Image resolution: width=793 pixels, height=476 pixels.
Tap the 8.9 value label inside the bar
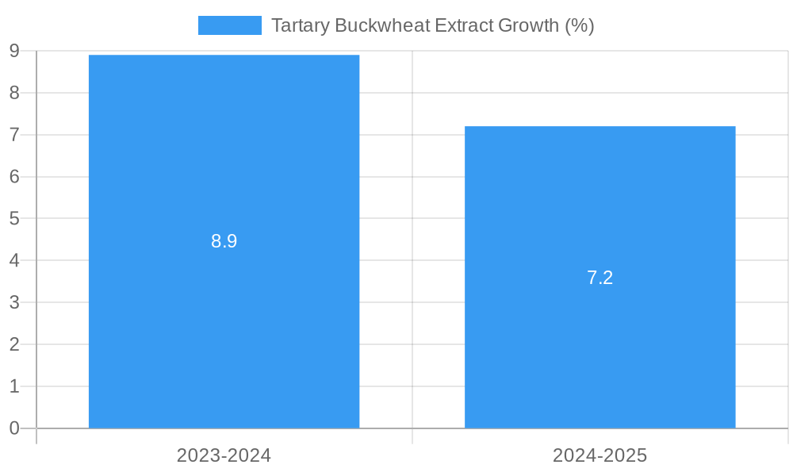(x=224, y=241)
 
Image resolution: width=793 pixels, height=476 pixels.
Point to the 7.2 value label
(x=600, y=278)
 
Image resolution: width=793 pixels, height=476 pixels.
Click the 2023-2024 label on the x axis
(x=224, y=455)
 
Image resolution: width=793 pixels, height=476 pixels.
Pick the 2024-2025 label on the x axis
(x=600, y=455)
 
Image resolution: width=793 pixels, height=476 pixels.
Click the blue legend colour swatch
(x=230, y=25)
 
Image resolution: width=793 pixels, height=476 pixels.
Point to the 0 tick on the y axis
(x=14, y=428)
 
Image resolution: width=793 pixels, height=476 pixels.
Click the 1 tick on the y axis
(x=14, y=386)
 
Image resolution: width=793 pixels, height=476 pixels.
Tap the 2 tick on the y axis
(x=14, y=344)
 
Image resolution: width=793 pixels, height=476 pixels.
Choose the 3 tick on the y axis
(x=14, y=302)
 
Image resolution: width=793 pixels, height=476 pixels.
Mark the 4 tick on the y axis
(x=14, y=260)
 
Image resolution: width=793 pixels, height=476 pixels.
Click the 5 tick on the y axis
(x=14, y=218)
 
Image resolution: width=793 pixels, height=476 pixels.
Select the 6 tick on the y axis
(x=14, y=177)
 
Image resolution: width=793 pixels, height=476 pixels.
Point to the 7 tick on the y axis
(x=14, y=135)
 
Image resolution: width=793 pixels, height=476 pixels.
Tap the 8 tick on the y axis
(x=14, y=93)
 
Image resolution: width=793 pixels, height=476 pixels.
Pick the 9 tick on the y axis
(x=14, y=52)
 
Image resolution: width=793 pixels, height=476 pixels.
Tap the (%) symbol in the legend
(x=579, y=25)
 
